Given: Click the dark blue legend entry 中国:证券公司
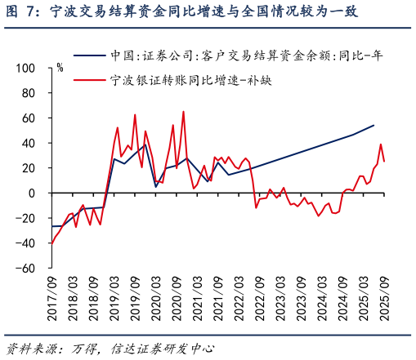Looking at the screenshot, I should [x=246, y=56].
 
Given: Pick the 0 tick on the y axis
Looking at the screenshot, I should [x=32, y=193].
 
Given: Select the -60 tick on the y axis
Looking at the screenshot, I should [x=27, y=268].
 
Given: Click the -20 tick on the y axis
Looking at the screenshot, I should [x=27, y=218].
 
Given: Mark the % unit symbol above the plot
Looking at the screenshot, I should [x=60, y=68].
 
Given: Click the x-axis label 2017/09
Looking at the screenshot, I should [x=51, y=300].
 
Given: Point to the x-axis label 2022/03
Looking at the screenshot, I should [x=237, y=300].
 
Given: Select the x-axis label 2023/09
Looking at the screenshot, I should [x=299, y=300].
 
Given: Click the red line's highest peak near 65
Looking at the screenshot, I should [x=183, y=112].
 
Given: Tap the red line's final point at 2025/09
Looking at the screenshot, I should [x=384, y=162].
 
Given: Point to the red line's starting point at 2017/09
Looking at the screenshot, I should [x=51, y=243].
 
